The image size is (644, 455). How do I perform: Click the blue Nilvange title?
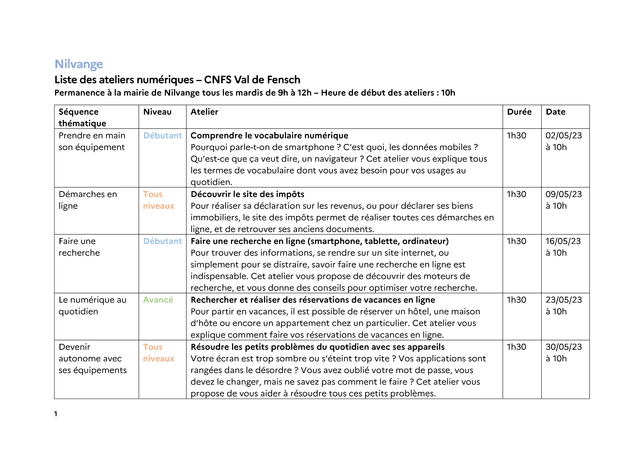coord(79,64)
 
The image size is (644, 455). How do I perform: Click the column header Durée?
coord(519,112)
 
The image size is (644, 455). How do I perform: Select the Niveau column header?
coord(157,112)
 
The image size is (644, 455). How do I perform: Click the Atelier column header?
coord(204,112)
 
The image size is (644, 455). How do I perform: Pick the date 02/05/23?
coord(564,136)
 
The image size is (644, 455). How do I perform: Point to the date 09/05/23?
coord(564,194)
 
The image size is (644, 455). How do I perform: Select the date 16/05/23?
coord(563,241)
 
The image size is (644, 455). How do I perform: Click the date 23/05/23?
coord(564,300)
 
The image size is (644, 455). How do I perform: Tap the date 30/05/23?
coord(564,347)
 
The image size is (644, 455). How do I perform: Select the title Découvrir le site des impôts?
coord(247,194)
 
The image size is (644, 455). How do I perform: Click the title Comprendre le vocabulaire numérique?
coord(269,136)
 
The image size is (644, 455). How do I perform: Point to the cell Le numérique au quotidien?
coord(92,306)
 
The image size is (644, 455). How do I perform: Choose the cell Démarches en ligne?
coord(88,200)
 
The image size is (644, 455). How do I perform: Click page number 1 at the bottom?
coord(56,414)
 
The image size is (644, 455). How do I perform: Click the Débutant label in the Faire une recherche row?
coord(163,241)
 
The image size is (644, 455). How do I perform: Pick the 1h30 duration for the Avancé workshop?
coord(516,300)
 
